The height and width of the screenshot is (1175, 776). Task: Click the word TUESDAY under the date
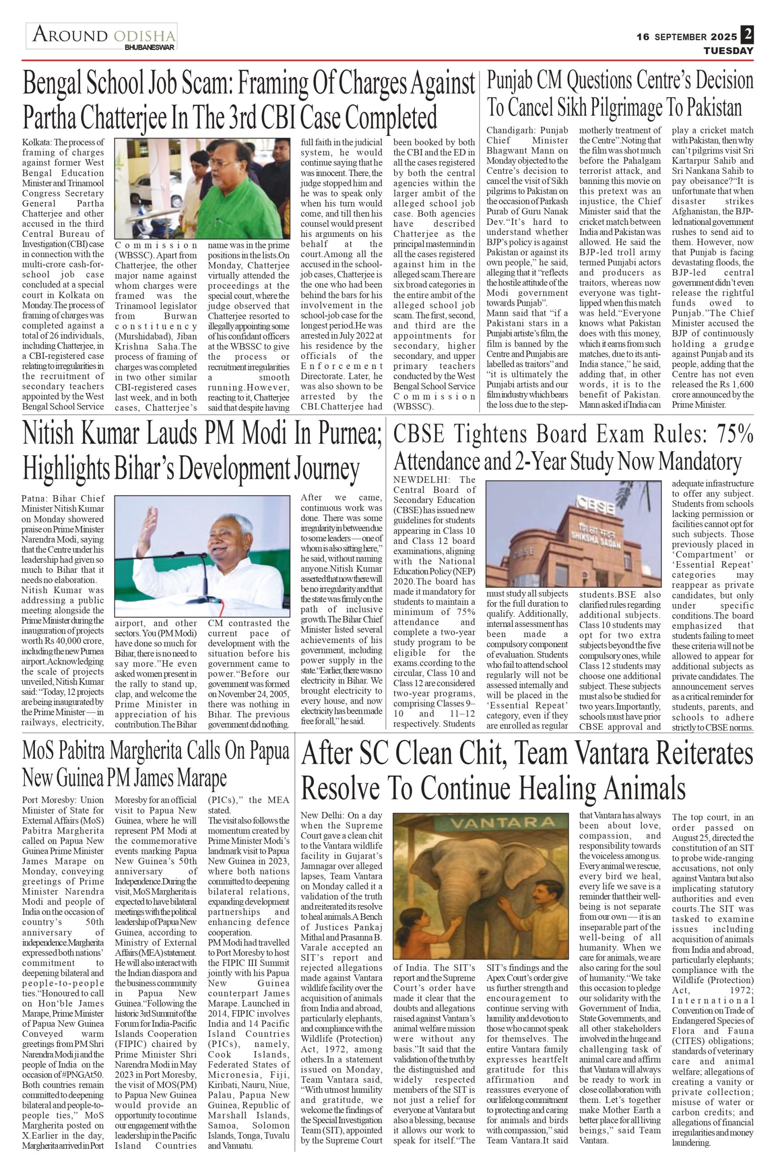tap(728, 50)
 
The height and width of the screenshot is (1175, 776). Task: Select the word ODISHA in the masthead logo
tap(145, 36)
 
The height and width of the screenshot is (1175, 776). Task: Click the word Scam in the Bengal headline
tap(207, 84)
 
